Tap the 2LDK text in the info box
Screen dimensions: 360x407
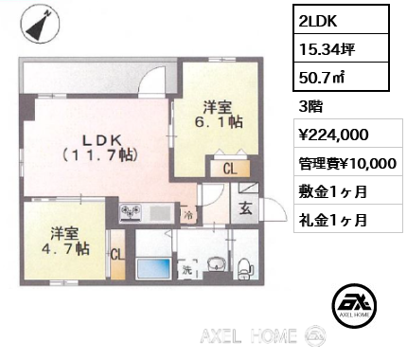click(315, 21)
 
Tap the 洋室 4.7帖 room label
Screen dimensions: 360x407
click(63, 241)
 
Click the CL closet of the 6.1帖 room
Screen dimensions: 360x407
click(230, 169)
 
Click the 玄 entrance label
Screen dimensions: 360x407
click(245, 211)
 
